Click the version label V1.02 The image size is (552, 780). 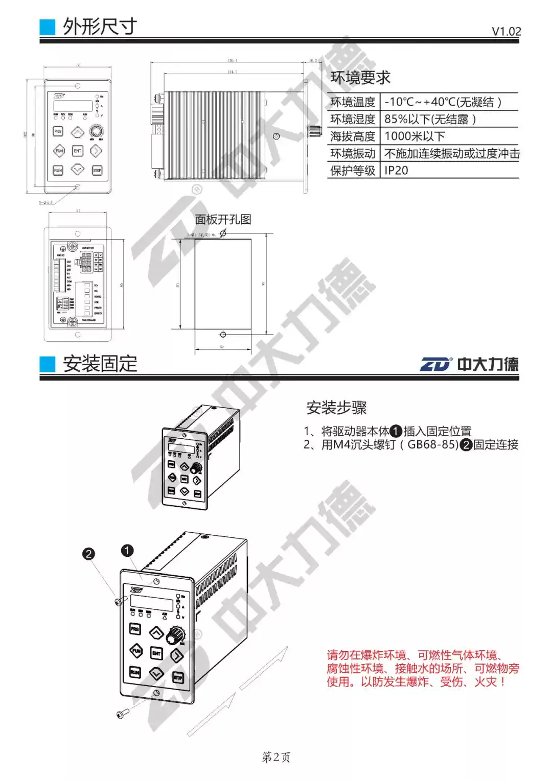[506, 31]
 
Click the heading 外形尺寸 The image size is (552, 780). [100, 26]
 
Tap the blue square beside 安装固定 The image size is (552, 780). [48, 364]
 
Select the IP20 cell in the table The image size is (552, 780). [396, 171]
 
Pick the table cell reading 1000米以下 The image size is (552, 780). [415, 136]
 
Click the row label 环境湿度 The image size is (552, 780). [353, 120]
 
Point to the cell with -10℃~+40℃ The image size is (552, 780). [443, 102]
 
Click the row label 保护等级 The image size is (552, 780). [353, 171]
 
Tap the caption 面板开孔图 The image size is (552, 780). [223, 220]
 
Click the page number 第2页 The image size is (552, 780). [276, 757]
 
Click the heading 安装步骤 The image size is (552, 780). [336, 408]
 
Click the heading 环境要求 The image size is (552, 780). [360, 78]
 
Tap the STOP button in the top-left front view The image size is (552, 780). [97, 170]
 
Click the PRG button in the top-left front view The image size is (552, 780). [58, 131]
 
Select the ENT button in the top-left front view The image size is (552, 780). [77, 151]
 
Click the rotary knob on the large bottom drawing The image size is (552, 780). [175, 635]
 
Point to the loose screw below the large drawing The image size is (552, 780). [122, 714]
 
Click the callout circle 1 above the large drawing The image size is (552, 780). [127, 550]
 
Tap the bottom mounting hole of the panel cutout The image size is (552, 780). [223, 335]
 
